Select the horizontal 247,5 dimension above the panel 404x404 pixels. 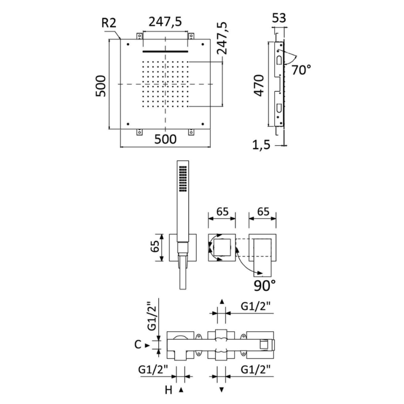165,21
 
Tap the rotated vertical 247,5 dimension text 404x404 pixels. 221,38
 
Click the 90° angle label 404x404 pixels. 264,285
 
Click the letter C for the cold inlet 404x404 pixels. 138,345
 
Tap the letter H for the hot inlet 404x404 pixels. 168,390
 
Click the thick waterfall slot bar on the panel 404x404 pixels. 165,50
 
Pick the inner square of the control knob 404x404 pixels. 222,247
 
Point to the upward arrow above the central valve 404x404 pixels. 221,301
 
